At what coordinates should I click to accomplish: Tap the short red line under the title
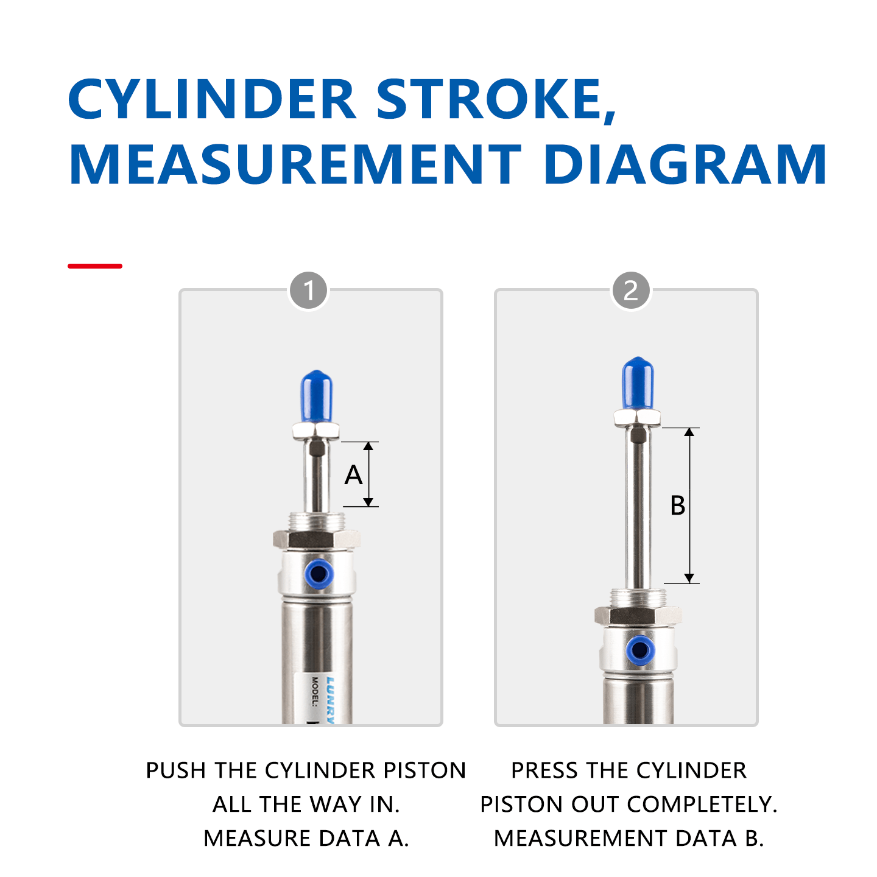[x=95, y=266]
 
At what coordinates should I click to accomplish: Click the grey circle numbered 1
[x=309, y=291]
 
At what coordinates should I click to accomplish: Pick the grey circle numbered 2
[x=631, y=291]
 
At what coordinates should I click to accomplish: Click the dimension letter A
[x=353, y=475]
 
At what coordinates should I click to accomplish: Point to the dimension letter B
[x=677, y=505]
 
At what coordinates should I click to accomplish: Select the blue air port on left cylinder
[x=318, y=573]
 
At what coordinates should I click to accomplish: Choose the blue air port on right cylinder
[x=640, y=650]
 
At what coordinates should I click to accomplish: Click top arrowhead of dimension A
[x=368, y=446]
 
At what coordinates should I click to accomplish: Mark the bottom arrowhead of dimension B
[x=689, y=578]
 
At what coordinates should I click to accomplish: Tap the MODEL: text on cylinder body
[x=315, y=691]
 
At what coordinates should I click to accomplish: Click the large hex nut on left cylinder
[x=316, y=539]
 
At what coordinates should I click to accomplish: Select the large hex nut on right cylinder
[x=638, y=615]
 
